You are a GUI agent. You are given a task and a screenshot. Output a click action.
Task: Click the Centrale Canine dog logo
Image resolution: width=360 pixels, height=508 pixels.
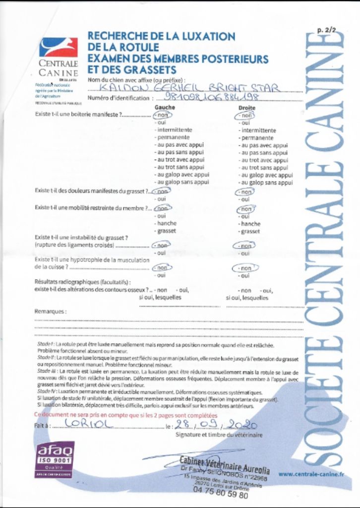tap(59, 48)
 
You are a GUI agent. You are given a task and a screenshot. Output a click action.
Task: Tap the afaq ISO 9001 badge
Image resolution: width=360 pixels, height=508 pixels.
tap(56, 459)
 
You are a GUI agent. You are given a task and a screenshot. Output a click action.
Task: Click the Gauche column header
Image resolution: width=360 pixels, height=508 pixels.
tap(165, 107)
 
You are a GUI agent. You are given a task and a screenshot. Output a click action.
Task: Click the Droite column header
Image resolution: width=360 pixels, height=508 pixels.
tap(246, 107)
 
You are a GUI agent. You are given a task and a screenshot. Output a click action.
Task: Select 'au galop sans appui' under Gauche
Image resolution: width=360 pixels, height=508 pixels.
tap(182, 183)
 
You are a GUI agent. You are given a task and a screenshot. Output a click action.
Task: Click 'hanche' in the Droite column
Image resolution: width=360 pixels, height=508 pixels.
tap(250, 224)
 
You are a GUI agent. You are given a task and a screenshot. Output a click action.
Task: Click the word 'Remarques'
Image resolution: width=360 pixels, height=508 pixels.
tap(50, 312)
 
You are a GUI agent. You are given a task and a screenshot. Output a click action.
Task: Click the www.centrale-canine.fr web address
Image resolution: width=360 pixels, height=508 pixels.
tap(311, 474)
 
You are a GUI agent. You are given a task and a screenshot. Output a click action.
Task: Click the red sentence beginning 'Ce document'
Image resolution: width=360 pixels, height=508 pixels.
tap(125, 415)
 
